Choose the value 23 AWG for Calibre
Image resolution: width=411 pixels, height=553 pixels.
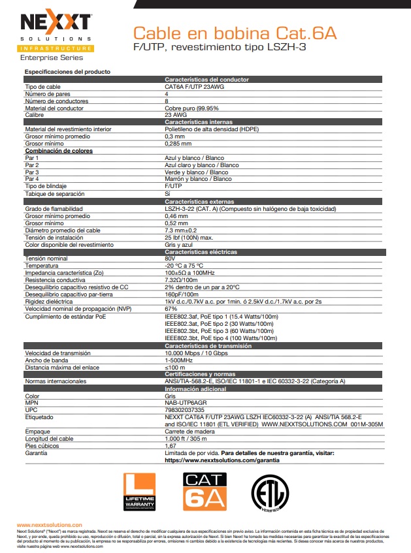pyautogui.click(x=176, y=115)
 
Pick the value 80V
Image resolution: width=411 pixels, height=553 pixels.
pyautogui.click(x=171, y=259)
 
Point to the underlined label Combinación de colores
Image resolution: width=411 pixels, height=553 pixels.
pyautogui.click(x=58, y=151)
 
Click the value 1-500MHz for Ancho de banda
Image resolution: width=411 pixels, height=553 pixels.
pyautogui.click(x=178, y=360)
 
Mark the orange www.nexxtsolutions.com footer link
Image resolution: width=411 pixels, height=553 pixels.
pyautogui.click(x=49, y=524)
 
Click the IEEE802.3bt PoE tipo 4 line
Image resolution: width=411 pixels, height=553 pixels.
pyautogui.click(x=221, y=338)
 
